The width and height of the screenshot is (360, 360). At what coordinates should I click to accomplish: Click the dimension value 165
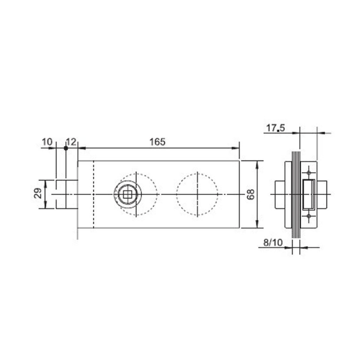coord(157,142)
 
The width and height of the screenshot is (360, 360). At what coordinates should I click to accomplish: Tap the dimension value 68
coord(250,194)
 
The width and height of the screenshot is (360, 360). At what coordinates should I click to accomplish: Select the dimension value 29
coord(38,193)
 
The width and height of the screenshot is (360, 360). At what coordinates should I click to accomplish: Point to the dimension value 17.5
coord(275,128)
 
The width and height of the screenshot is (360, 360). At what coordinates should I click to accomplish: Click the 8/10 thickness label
coord(273,242)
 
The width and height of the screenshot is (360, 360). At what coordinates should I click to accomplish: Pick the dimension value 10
coord(47,142)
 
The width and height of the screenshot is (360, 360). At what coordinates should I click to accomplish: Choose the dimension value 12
coord(71,142)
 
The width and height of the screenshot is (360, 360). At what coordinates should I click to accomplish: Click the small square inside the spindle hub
coord(127,194)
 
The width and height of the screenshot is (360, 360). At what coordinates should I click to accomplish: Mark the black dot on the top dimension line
coord(66,148)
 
